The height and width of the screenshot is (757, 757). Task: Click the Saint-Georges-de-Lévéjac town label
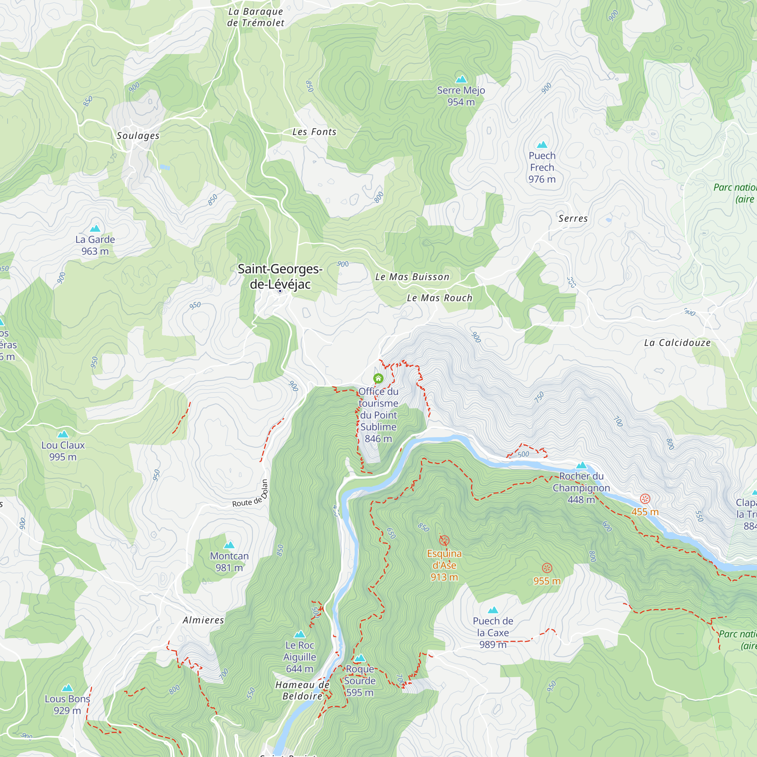(x=280, y=276)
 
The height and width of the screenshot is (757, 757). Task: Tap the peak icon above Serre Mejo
(x=461, y=79)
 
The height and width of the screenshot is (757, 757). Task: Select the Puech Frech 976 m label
(x=542, y=167)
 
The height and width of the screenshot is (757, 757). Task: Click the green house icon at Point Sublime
(x=378, y=378)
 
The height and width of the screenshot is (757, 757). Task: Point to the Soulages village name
(x=138, y=136)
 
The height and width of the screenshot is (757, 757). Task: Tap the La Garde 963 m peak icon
(x=95, y=229)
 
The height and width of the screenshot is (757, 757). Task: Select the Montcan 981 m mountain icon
(x=229, y=545)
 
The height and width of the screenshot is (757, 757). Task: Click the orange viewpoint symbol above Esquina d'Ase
(x=444, y=541)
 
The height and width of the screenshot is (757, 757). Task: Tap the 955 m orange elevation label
(x=547, y=581)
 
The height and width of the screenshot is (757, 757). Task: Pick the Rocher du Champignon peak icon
(x=581, y=466)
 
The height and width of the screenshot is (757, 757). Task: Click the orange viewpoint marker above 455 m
(x=645, y=499)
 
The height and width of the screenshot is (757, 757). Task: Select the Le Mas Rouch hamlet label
(x=439, y=298)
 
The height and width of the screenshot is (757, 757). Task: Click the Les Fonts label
(x=314, y=132)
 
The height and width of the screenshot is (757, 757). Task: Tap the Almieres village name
(x=203, y=620)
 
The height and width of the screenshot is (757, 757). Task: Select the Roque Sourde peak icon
(x=360, y=658)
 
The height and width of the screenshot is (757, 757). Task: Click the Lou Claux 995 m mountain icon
(x=63, y=434)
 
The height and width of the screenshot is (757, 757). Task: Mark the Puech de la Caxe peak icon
(x=493, y=610)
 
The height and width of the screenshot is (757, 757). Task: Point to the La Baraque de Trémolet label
(x=255, y=17)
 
